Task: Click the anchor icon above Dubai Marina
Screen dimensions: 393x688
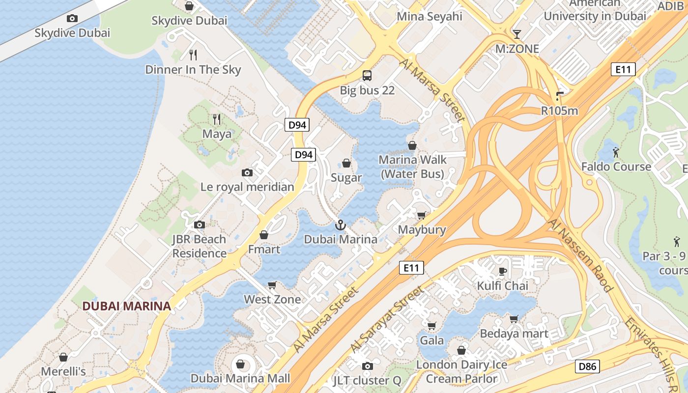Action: pos(340,225)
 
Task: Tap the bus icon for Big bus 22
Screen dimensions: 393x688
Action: pos(367,76)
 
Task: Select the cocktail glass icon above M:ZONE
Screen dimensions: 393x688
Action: pos(516,34)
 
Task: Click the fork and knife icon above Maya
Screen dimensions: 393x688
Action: pos(217,119)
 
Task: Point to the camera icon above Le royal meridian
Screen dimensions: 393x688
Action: pos(247,172)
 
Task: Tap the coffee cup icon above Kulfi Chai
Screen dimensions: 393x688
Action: pos(503,271)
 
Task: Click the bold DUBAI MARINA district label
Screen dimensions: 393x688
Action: pos(126,306)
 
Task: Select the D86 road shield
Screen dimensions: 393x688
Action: pos(587,366)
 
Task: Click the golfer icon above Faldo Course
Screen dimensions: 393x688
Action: pos(616,152)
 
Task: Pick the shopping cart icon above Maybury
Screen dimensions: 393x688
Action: pos(422,215)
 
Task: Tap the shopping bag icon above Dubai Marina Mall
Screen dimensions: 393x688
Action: pos(240,364)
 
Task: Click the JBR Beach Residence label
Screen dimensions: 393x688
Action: pos(199,246)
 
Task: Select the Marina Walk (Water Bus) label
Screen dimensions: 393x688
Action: pos(413,167)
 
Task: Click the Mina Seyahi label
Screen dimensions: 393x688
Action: pos(430,16)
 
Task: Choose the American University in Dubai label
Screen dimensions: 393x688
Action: pos(595,10)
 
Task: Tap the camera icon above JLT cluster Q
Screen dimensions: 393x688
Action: pos(367,366)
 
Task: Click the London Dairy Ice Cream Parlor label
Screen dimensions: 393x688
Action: pos(461,371)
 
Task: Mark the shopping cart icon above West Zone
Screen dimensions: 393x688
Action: pos(272,285)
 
